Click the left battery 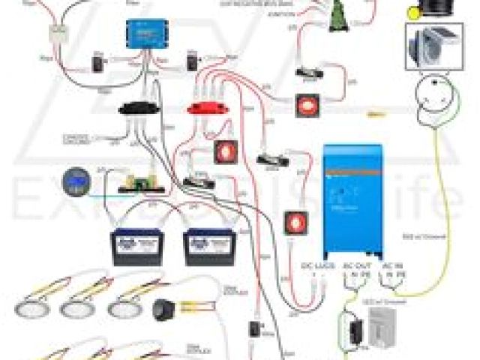click(136, 247)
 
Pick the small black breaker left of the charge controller click(98, 64)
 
